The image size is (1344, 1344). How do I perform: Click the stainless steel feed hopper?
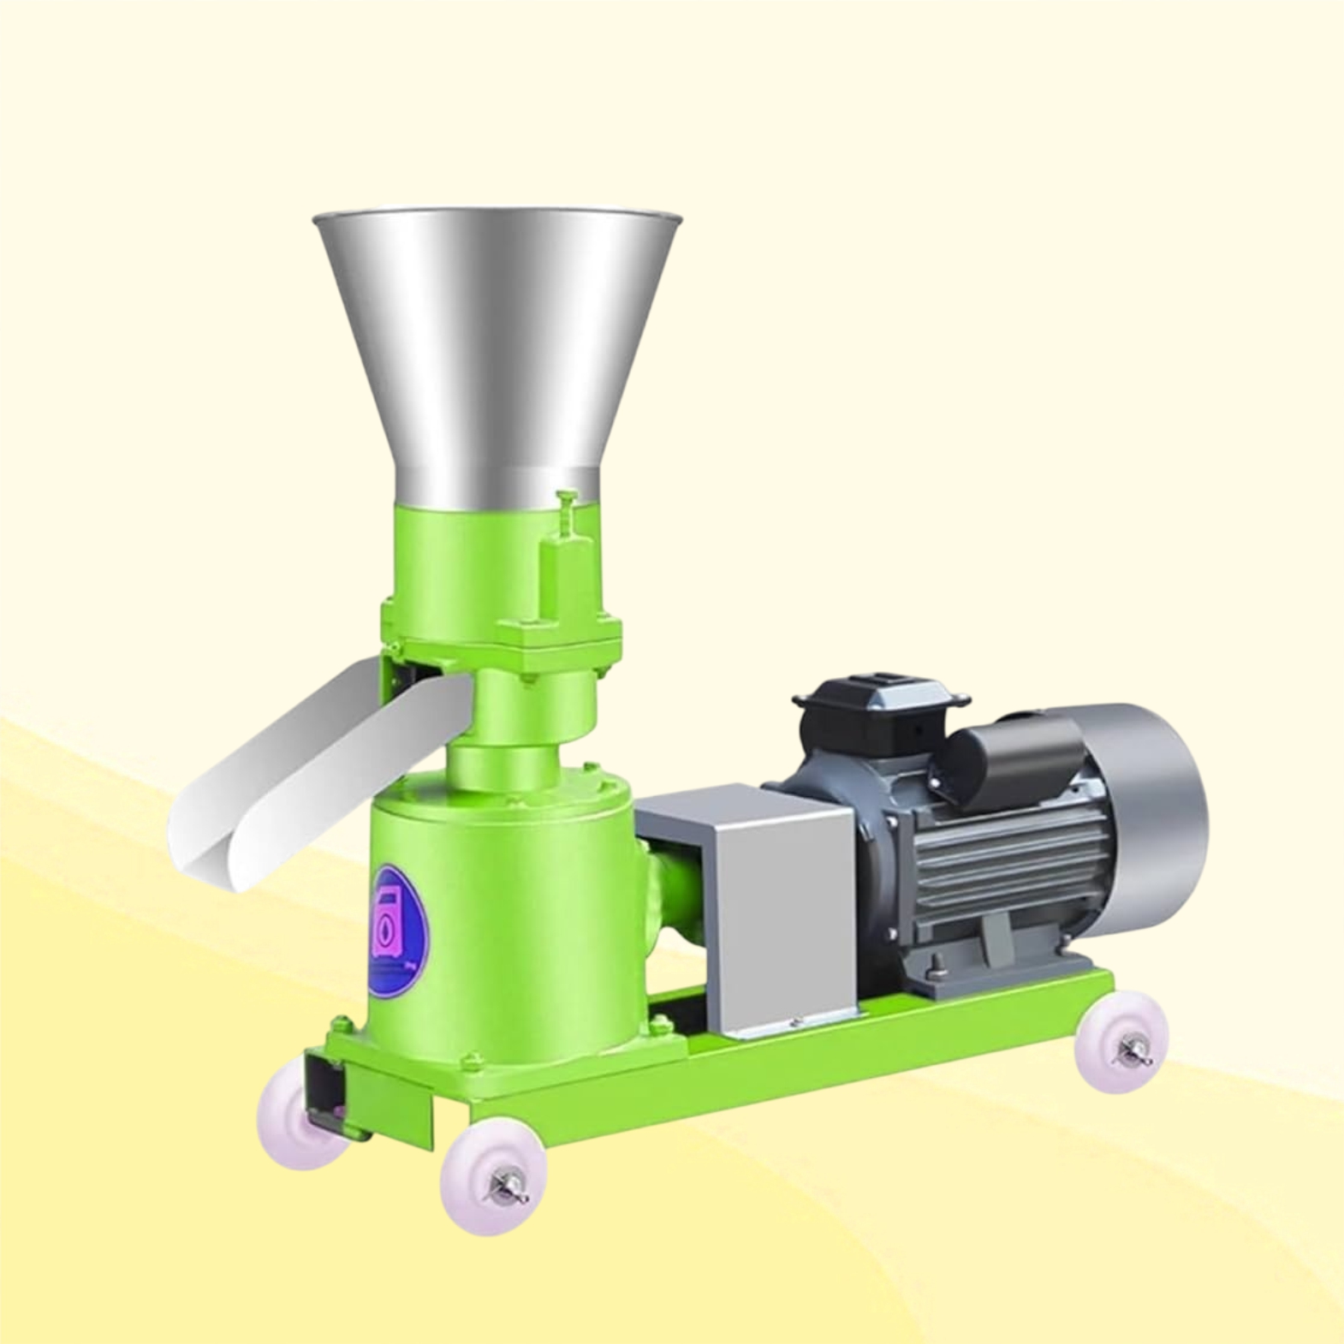pos(497,342)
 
